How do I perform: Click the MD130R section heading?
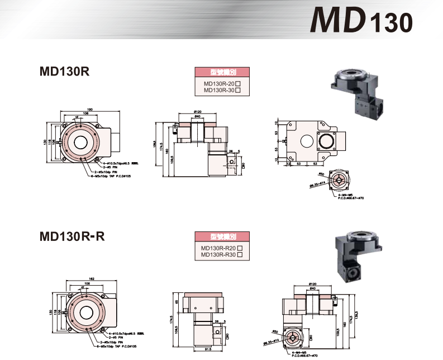click(65, 72)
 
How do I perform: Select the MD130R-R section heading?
click(72, 236)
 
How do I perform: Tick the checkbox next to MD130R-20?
click(238, 83)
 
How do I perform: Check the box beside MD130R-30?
click(238, 90)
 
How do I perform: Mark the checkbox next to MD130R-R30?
click(240, 255)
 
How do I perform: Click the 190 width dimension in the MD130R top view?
click(90, 109)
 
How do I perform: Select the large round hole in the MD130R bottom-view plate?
click(325, 141)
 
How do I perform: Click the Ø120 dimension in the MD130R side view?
click(197, 111)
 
